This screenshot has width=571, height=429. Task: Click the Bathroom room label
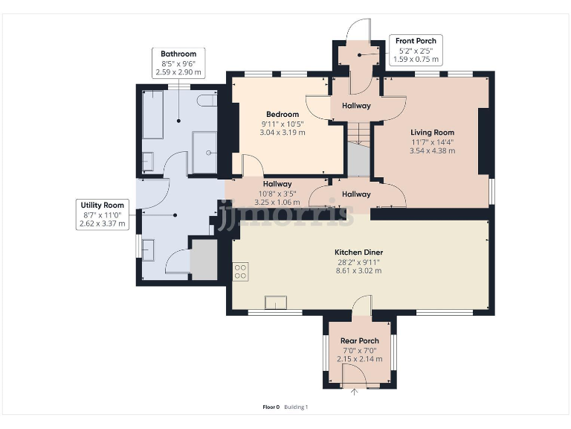pos(178,54)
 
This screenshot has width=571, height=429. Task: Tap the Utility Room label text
pos(103,205)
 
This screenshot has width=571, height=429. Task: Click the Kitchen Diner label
pos(358,252)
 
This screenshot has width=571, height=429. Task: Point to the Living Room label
pos(432,133)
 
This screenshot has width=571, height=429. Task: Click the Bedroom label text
pos(283,114)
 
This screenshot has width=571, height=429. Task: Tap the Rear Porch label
pos(359,340)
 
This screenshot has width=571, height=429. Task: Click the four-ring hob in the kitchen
pos(240,272)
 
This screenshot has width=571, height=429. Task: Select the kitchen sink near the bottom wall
pos(276,303)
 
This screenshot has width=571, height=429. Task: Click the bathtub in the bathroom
pos(152,115)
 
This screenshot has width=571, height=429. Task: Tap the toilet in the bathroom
pos(207,101)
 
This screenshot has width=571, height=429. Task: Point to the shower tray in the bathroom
pos(204,153)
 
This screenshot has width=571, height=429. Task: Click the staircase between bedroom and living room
pos(358,150)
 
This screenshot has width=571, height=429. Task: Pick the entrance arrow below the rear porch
pos(354,392)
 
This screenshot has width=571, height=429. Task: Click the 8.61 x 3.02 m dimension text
pos(358,270)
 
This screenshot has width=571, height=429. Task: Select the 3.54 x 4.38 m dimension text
pos(432,150)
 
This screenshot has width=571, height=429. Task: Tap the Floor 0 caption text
pos(271,407)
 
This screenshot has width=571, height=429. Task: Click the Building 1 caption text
pos(296,407)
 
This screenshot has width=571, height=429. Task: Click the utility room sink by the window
pos(148,250)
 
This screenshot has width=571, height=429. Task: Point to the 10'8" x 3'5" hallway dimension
pos(277,194)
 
